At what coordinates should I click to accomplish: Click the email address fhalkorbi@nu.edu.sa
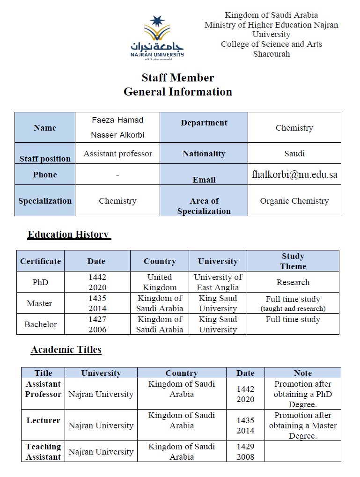click(294, 175)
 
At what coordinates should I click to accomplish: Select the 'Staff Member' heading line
click(178, 78)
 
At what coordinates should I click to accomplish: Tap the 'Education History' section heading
click(68, 235)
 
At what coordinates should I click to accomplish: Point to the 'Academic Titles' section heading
click(66, 350)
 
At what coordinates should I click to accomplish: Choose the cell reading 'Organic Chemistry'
click(294, 201)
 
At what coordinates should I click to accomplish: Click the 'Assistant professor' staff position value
click(118, 154)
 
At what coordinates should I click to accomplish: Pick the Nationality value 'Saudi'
click(294, 154)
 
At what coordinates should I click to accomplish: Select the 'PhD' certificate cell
click(40, 282)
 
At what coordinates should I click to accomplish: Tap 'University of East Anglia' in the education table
click(218, 282)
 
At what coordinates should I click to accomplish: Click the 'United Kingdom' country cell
click(160, 282)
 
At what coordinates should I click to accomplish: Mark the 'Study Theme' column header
click(293, 261)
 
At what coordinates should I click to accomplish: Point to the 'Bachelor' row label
click(40, 324)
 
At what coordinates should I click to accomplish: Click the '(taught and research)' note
click(293, 308)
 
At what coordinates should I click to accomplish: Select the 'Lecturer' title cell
click(43, 420)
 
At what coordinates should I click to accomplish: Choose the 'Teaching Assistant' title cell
click(43, 452)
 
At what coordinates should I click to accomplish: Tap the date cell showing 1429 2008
click(245, 452)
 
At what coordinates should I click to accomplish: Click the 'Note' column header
click(302, 373)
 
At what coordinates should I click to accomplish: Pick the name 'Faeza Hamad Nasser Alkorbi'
click(118, 127)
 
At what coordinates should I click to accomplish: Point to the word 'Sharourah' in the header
click(272, 54)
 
